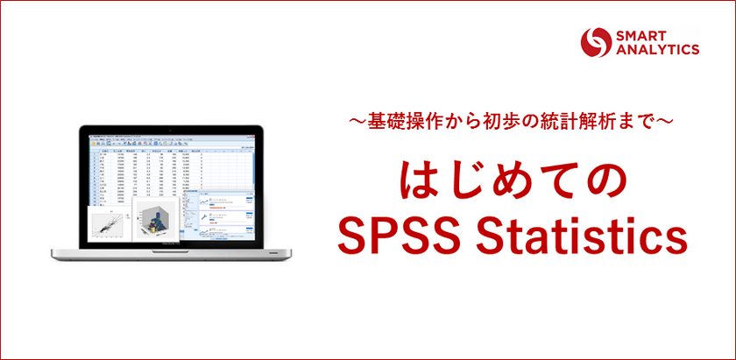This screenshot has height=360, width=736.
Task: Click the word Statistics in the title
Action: [579, 234]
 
